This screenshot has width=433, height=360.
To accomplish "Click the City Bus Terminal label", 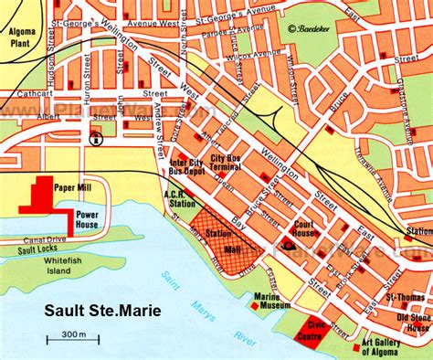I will click(x=219, y=164).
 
